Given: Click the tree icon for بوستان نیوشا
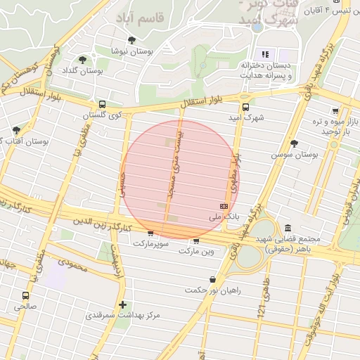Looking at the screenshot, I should pos(131,40).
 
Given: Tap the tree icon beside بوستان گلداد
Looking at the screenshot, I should pos(83,60).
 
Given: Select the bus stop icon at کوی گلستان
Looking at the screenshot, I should pos(103,104).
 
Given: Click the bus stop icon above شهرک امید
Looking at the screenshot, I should pos(245,107).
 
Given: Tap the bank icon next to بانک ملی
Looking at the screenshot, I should pos(224,205).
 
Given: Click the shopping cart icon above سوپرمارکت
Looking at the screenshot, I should pos(150,233).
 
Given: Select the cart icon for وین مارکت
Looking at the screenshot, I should pos(195,240).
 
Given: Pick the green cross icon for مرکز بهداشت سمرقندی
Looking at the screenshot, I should pos(124,304).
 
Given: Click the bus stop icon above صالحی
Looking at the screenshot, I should pos(27,296).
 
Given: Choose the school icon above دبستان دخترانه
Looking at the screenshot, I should pos(265,54).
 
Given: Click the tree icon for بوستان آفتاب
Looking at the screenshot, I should pos(16,130).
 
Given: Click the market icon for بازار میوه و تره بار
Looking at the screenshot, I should pos(335,110).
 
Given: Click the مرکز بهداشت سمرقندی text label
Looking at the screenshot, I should pos(123,315).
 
